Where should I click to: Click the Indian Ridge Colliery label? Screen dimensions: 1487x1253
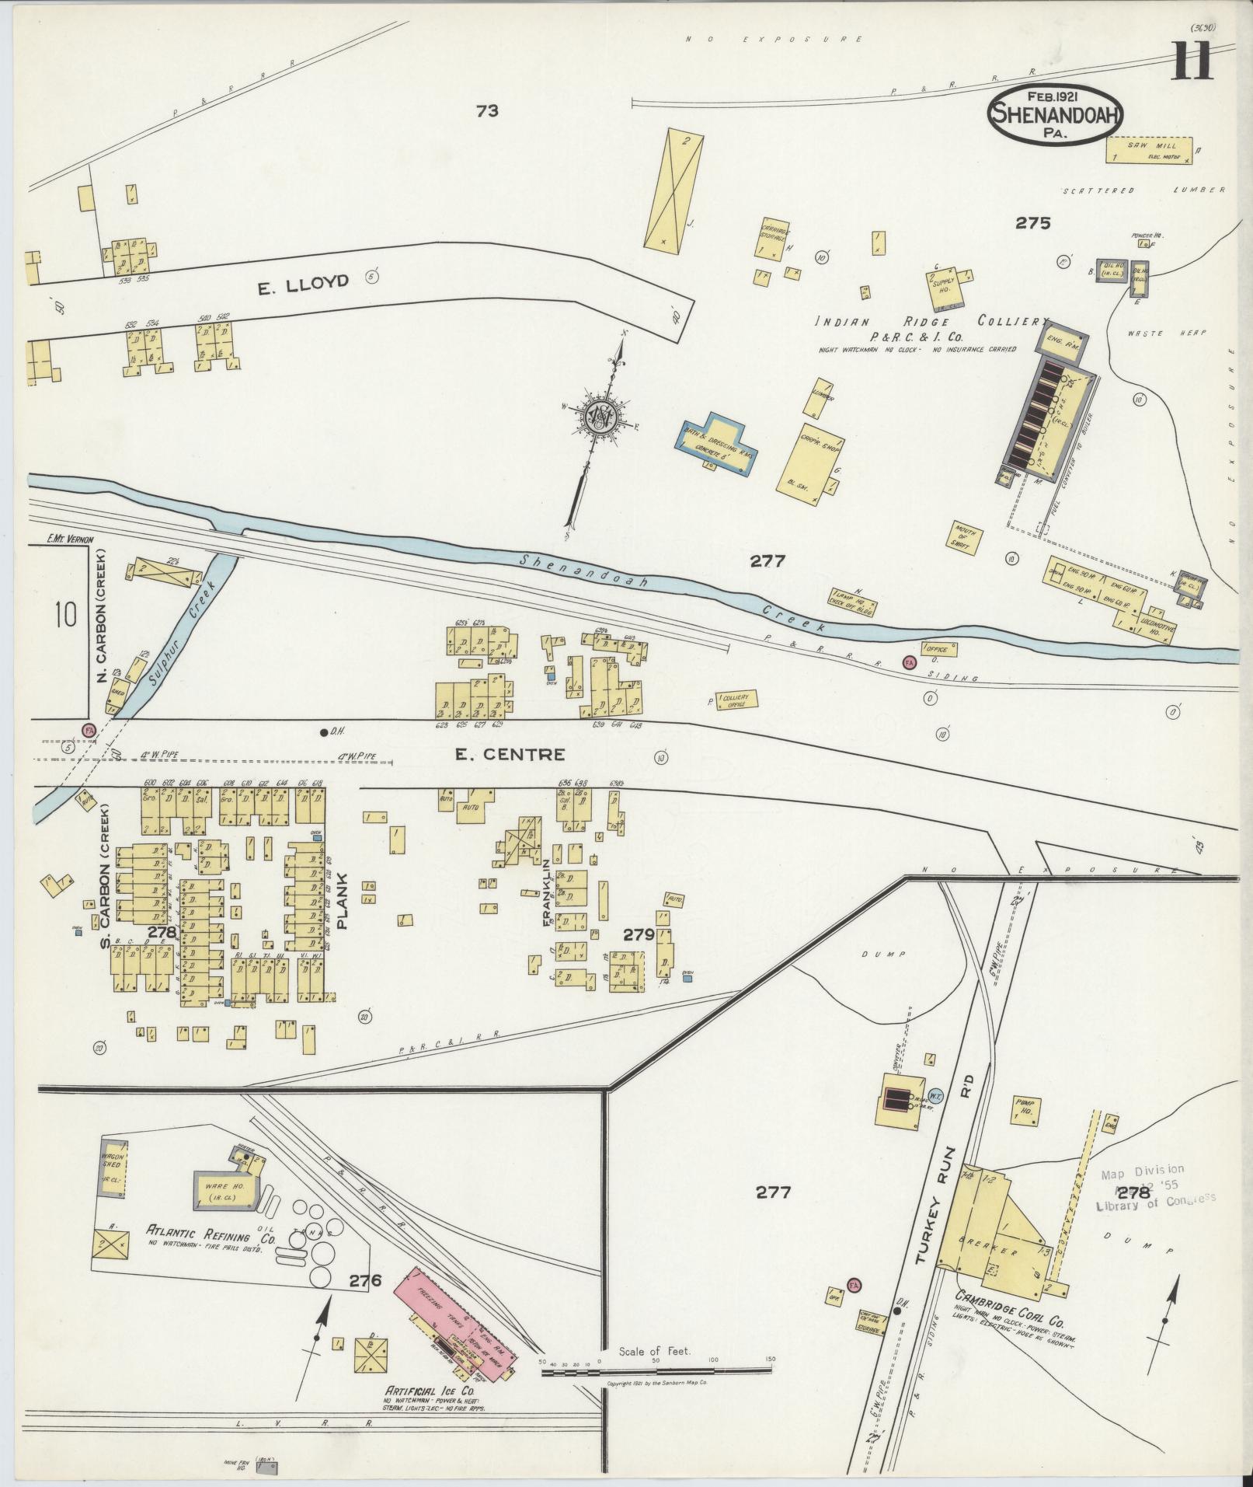(x=932, y=322)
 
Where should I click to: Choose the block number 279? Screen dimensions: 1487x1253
(x=639, y=935)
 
